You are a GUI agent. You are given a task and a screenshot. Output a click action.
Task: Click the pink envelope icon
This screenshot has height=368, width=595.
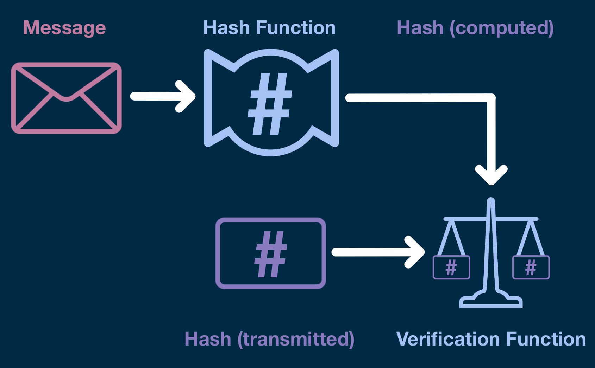[66, 98]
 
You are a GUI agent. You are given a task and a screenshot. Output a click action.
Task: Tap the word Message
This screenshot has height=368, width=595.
[64, 28]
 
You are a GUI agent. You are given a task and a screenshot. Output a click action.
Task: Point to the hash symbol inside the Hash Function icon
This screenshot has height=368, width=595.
[270, 104]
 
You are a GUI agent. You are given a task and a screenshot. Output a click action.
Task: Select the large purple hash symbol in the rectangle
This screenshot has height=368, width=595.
[270, 254]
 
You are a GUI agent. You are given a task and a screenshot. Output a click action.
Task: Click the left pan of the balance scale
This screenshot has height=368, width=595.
[451, 267]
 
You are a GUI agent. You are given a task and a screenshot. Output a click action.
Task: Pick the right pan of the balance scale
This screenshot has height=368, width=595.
[531, 267]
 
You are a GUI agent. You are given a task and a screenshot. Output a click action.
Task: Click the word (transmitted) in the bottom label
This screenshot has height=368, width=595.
[296, 340]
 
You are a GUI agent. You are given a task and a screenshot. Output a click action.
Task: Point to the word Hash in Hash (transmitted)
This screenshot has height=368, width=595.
[208, 340]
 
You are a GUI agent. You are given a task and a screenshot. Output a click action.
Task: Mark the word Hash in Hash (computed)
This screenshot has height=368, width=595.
[420, 28]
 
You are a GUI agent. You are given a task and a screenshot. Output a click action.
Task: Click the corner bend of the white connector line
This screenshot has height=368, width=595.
[490, 98]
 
